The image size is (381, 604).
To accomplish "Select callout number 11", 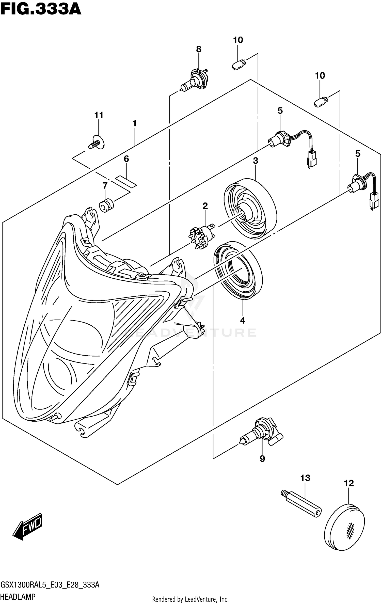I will point(99,115).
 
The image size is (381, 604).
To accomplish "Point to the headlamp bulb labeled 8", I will point(194,79).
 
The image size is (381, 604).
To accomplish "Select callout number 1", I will point(134,123).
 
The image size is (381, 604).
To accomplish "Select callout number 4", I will point(243,321).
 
